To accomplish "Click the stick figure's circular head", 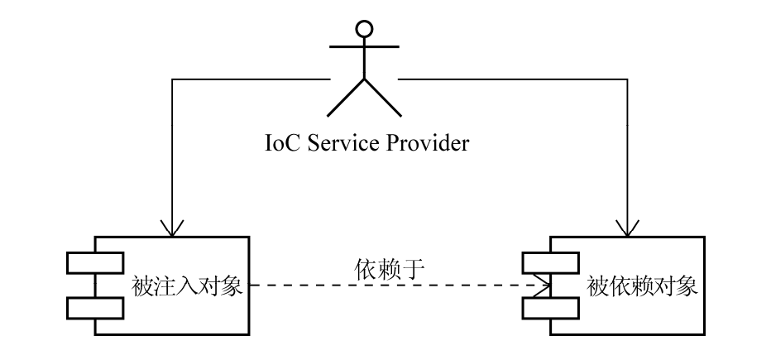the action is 364,29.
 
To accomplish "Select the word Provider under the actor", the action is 428,143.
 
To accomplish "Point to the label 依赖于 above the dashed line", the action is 389,269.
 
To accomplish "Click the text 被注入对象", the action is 187,286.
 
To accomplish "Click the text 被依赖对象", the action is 642,286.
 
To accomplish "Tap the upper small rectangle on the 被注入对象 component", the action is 95,262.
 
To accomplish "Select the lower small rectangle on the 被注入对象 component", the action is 95,309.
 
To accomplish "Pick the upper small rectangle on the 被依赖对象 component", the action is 551,262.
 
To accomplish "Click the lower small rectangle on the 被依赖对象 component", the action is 551,309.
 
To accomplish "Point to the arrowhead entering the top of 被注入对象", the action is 171,228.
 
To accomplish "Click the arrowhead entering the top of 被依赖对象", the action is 627,228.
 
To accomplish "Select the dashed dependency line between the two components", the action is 400,285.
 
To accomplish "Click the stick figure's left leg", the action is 346,98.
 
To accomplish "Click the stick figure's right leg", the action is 383,98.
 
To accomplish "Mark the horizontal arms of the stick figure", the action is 364,46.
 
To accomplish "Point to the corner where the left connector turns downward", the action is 172,79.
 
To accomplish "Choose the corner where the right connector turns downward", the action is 627,79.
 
